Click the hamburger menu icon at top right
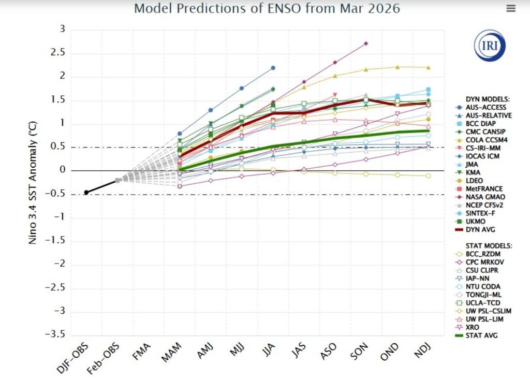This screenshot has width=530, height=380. (x=511, y=8)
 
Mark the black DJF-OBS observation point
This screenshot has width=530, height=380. (x=86, y=192)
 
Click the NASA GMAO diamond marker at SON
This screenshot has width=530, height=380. (x=366, y=43)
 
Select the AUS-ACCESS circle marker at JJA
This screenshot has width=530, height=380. (x=273, y=68)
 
